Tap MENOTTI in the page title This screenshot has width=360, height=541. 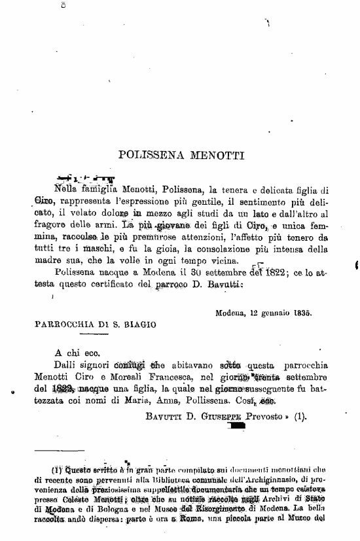click(x=215, y=156)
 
